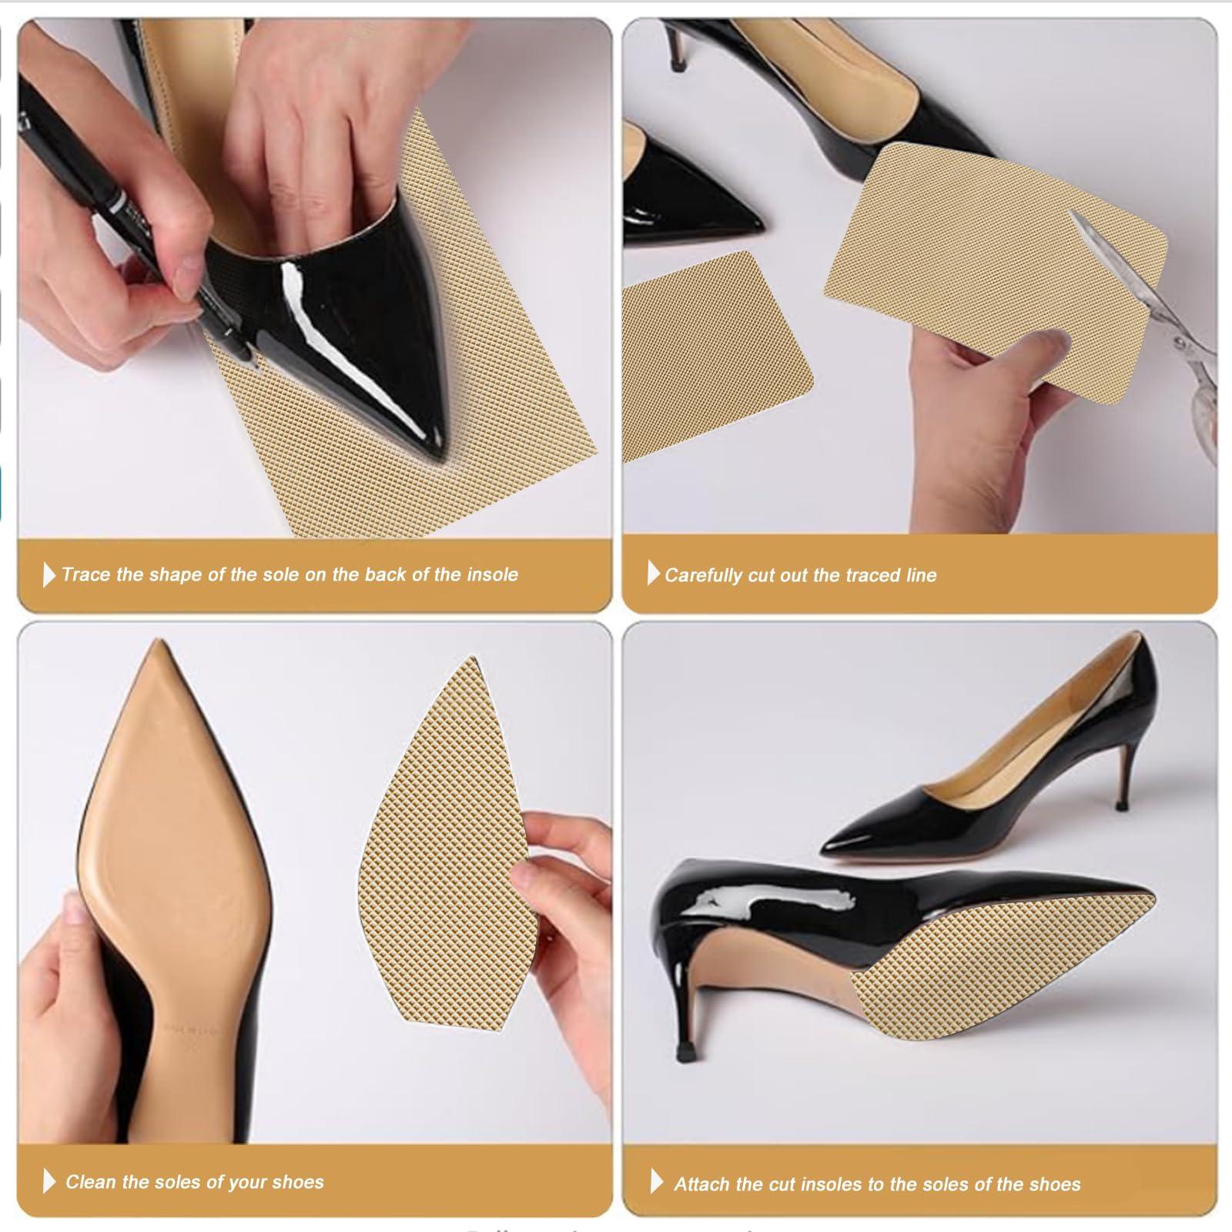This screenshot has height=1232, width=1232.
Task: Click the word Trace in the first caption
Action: point(86,574)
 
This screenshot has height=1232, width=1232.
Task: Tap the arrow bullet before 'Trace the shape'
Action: point(49,574)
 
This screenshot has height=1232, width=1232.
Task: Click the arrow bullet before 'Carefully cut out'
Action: point(654,573)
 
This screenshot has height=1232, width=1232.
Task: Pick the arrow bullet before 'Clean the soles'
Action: point(49,1181)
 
